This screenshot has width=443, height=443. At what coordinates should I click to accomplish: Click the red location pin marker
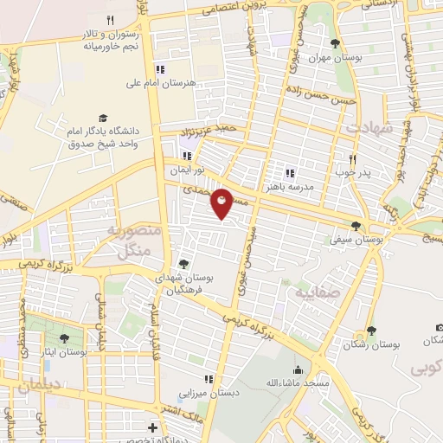222,203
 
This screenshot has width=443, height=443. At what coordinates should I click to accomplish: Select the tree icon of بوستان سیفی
356,226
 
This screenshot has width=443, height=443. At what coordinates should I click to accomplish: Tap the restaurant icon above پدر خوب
352,159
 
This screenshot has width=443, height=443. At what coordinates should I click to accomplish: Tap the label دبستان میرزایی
208,393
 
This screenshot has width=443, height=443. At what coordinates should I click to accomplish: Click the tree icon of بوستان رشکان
371,330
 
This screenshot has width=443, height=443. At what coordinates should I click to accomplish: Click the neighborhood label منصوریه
130,232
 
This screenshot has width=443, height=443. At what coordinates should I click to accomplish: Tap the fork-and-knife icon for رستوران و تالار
110,20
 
